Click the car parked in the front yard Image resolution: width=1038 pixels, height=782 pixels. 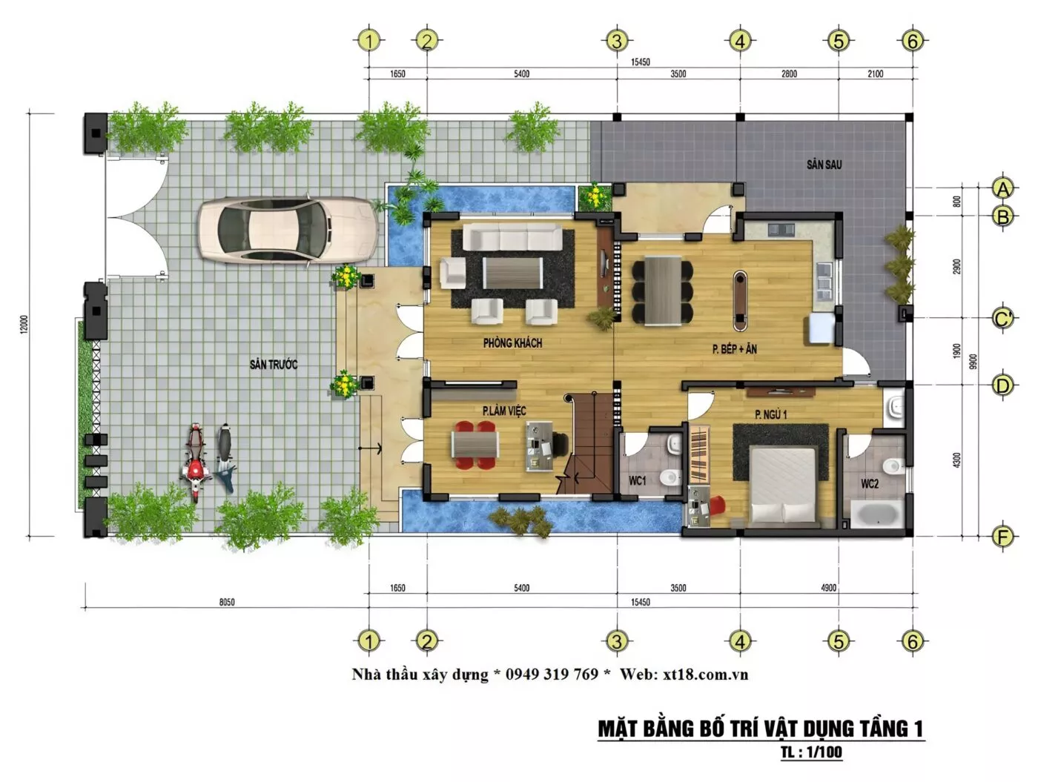coord(287,230)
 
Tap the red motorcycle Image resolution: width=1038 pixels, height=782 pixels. coord(195,462)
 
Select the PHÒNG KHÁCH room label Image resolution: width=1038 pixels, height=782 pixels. coord(512,342)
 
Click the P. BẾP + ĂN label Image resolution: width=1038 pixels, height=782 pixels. coord(734,349)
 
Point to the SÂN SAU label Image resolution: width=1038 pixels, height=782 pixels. coord(824,165)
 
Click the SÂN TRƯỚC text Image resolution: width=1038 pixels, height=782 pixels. coord(274,364)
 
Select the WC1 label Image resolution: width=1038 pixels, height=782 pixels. coord(637,480)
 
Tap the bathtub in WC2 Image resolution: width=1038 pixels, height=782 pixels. coord(876,513)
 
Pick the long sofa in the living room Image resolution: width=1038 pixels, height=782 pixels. coord(512,236)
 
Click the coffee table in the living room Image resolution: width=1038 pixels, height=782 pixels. coord(512,272)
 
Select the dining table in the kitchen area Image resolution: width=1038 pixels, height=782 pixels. coord(663,291)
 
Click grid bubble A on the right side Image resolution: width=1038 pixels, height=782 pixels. coord(1002,188)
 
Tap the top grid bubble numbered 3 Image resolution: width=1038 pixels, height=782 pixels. coord(616,41)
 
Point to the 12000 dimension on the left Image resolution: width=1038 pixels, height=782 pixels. coord(24,325)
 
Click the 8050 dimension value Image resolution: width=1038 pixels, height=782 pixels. coord(227,602)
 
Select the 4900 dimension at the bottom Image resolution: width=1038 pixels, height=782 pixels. coord(828,588)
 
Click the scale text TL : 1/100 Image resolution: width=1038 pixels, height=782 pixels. coord(811,752)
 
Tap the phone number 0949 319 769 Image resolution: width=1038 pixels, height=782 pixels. coord(552,674)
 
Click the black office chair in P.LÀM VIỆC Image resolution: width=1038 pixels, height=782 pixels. coord(561,445)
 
